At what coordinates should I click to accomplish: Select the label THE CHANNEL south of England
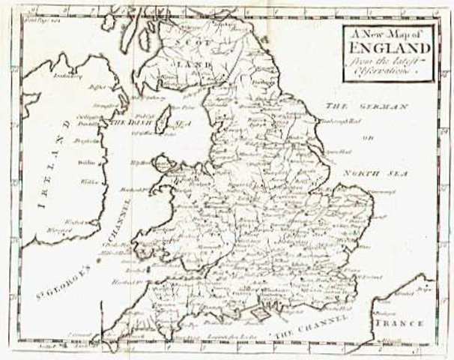[x=309, y=324]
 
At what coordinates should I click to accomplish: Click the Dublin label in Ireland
[x=83, y=161]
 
